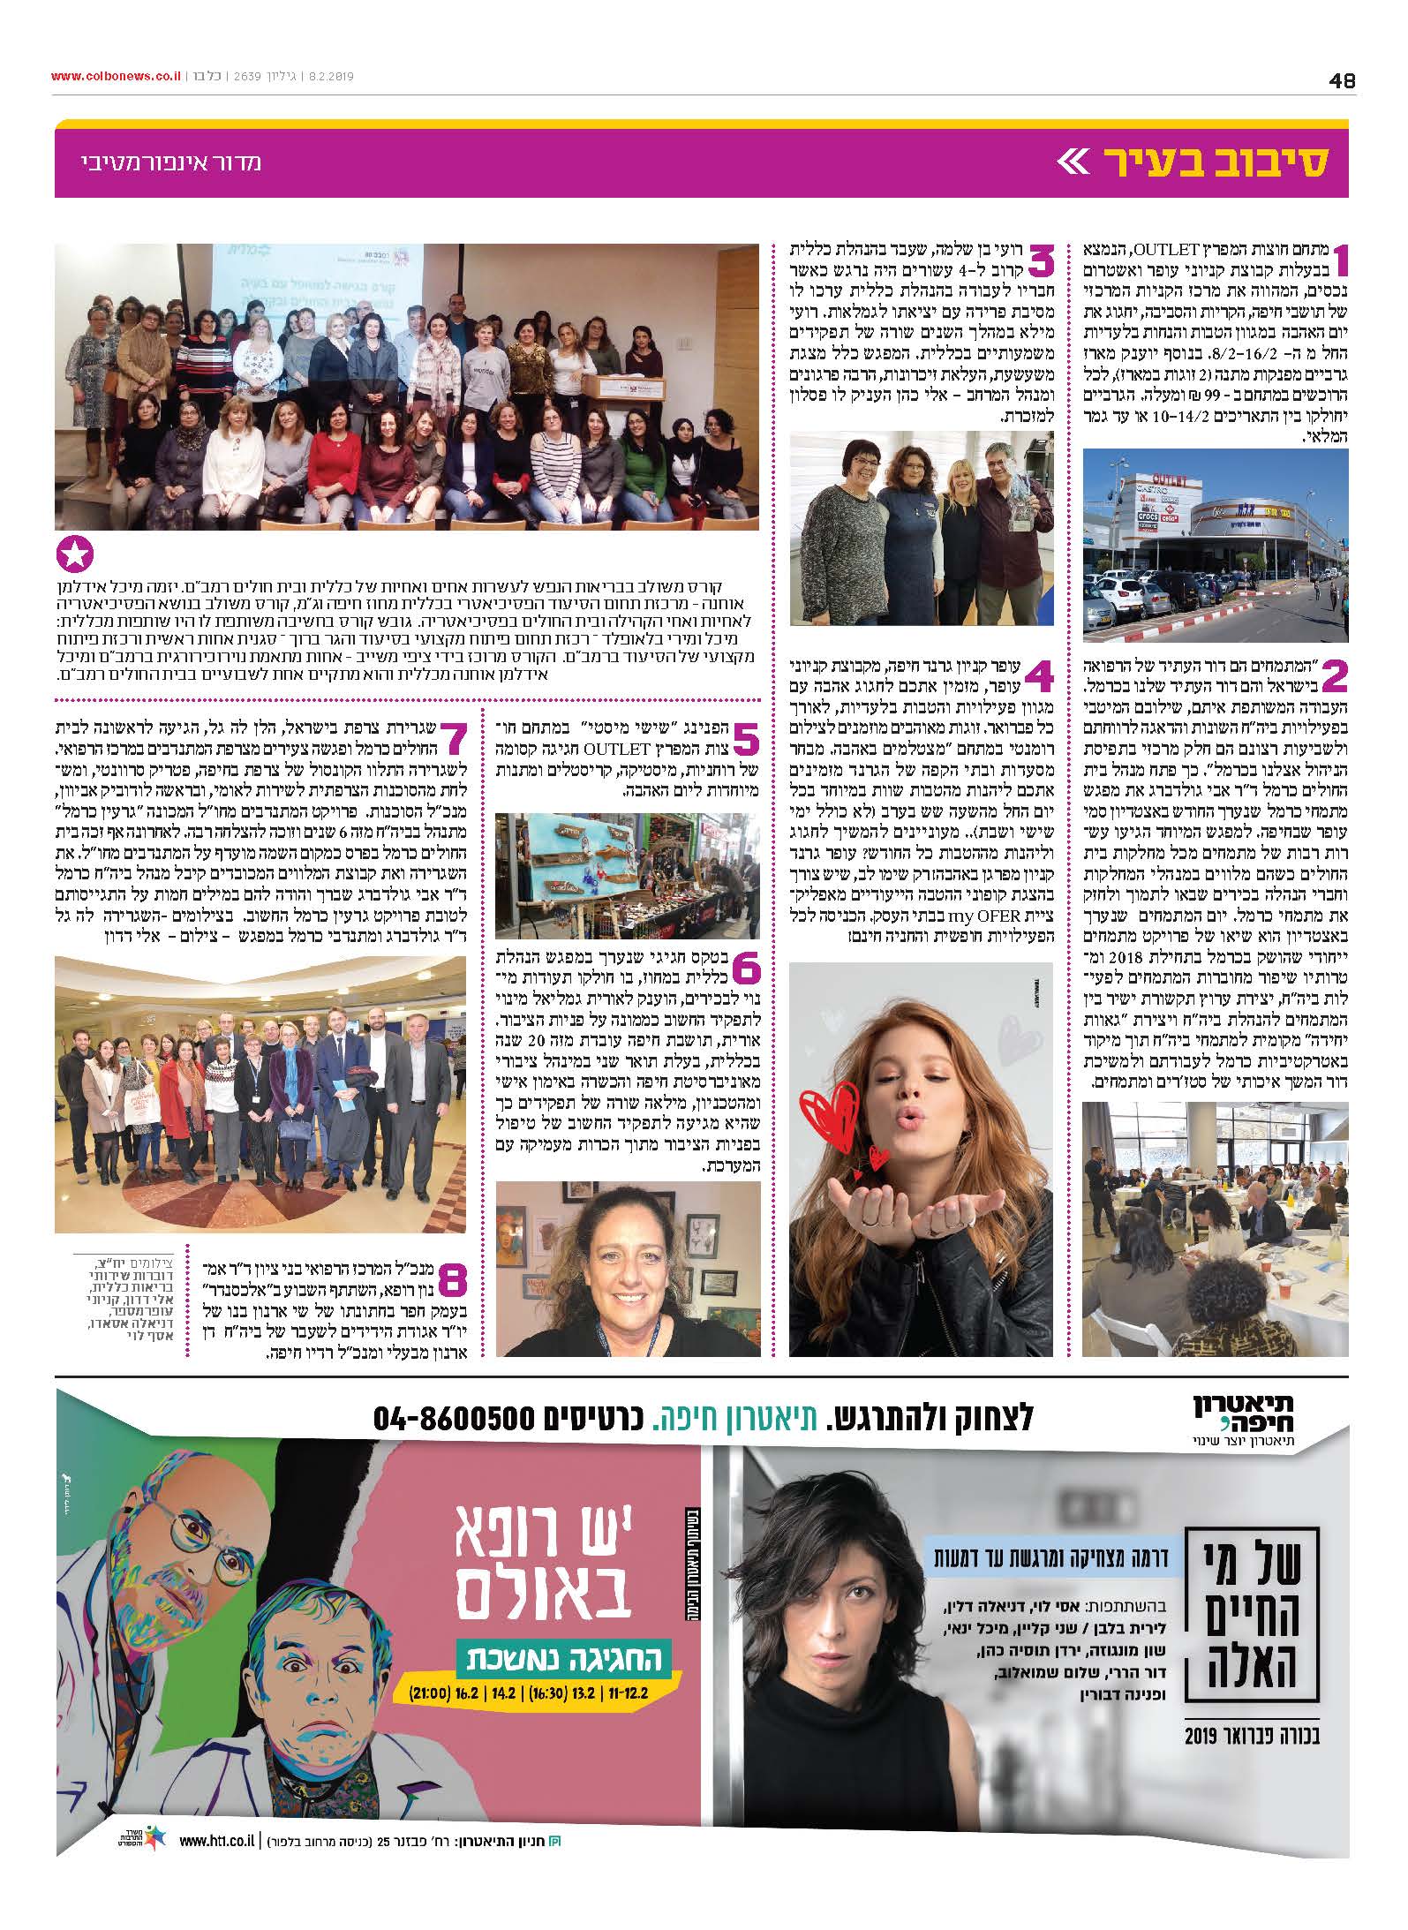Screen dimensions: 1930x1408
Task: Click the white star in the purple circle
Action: pyautogui.click(x=74, y=555)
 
